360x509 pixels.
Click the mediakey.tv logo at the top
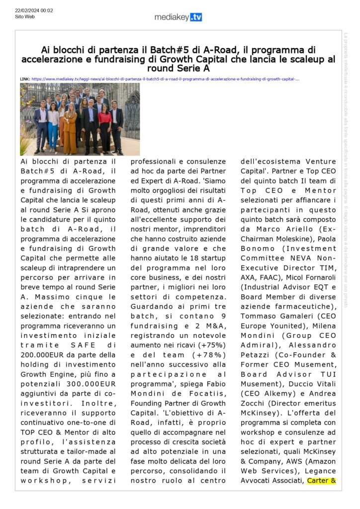[178, 17]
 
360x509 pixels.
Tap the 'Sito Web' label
[25, 17]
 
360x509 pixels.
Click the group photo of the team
[80, 119]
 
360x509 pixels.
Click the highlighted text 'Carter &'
[322, 481]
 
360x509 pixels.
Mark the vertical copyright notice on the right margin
[346, 169]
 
